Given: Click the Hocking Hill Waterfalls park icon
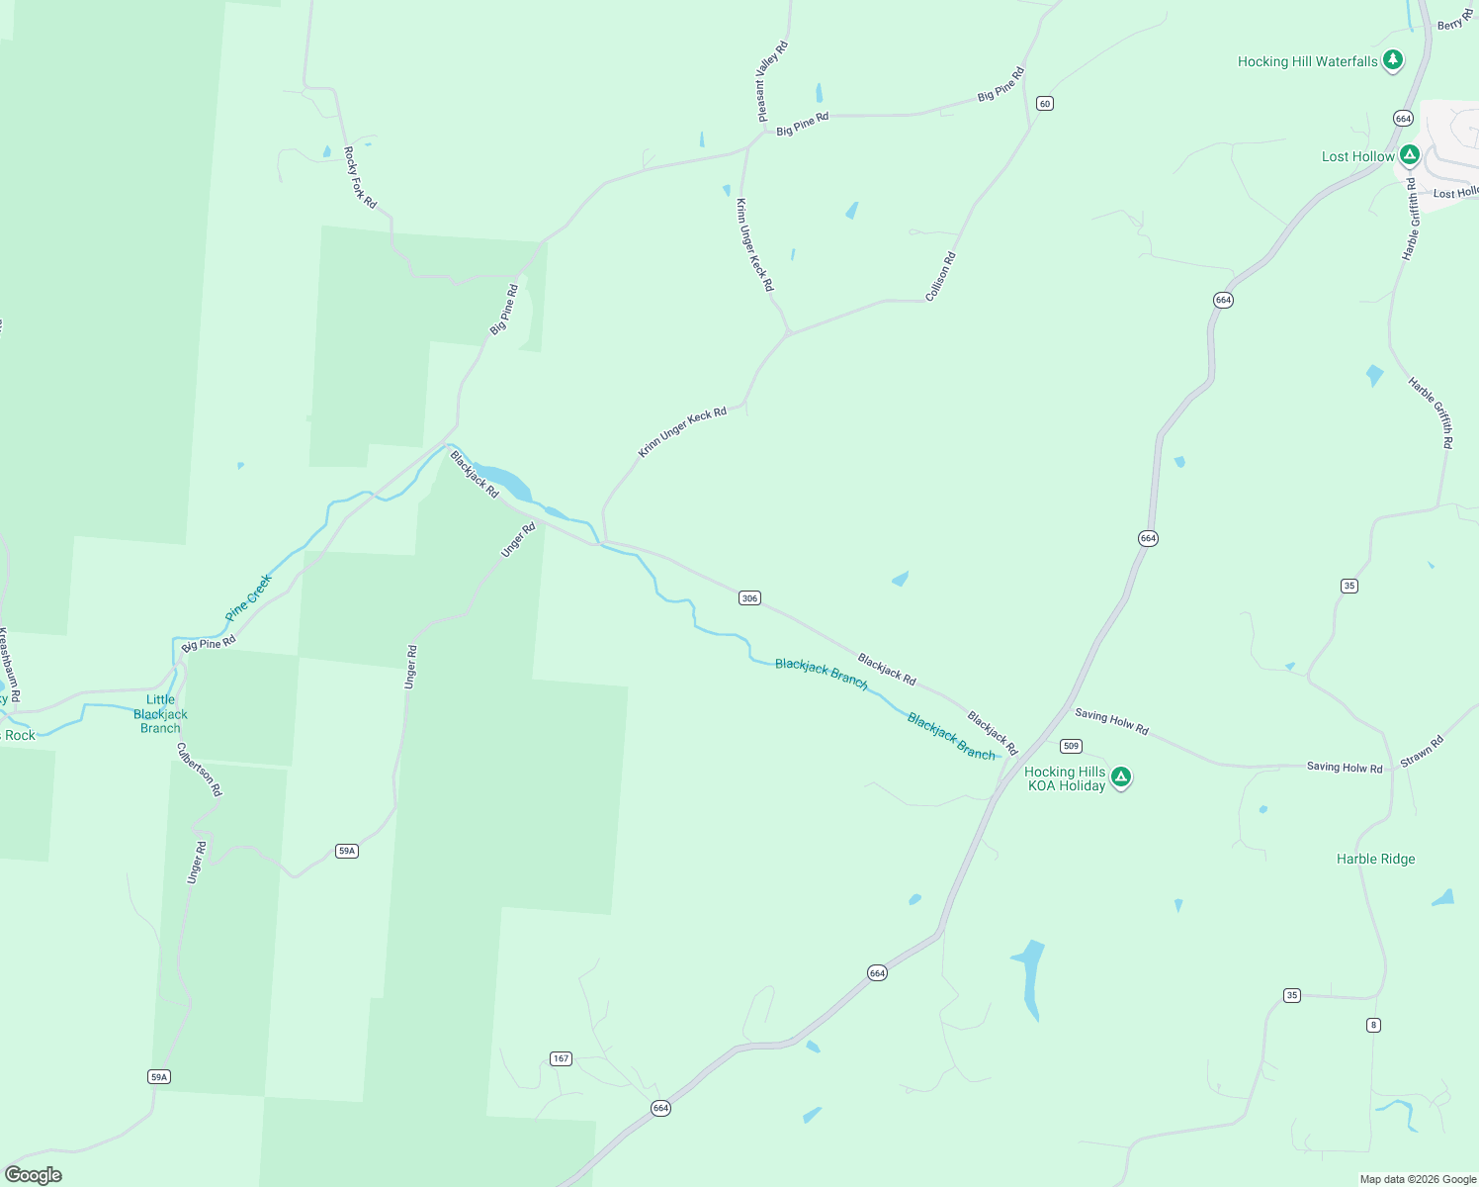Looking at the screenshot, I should click(x=1393, y=60).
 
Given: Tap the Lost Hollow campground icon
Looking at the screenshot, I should click(x=1410, y=155).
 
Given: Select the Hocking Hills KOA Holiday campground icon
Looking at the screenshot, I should click(x=1121, y=777).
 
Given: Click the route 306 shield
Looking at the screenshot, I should click(x=749, y=597).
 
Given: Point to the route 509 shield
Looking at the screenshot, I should click(x=1071, y=746).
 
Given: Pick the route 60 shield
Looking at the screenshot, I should click(x=1045, y=103).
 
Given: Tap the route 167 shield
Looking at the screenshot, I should click(x=561, y=1058).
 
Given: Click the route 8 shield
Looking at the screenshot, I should click(x=1373, y=1025).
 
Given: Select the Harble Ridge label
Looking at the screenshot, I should click(x=1375, y=859).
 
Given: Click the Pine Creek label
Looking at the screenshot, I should click(x=248, y=597).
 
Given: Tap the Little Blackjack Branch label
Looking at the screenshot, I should click(x=160, y=714).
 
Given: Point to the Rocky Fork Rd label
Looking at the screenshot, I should click(x=360, y=177).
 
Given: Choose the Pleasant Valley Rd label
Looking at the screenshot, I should click(x=772, y=81).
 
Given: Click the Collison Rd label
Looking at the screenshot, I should click(x=940, y=277).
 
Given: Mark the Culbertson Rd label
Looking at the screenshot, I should click(x=200, y=770).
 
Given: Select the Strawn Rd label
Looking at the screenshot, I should click(x=1422, y=751).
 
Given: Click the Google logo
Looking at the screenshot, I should click(x=34, y=1175).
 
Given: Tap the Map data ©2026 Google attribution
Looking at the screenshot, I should click(x=1417, y=1179).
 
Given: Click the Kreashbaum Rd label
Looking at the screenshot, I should click(x=9, y=666).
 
